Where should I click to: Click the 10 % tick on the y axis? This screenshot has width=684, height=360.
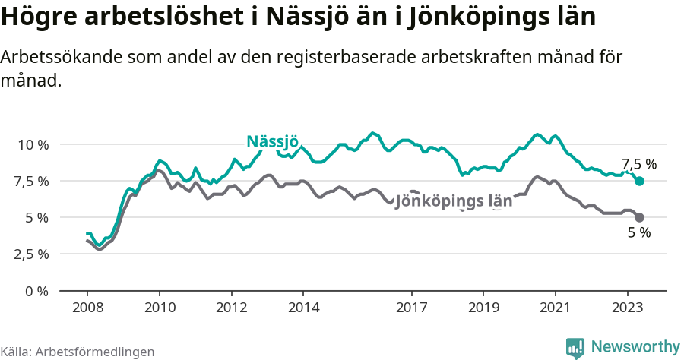[33, 144]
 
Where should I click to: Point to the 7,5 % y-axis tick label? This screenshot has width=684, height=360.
[31, 181]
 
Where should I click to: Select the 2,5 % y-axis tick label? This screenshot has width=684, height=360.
[31, 254]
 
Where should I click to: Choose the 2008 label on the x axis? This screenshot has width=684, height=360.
[87, 308]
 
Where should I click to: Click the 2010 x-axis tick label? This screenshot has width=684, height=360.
[159, 308]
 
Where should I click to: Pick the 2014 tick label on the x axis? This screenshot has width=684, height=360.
[303, 308]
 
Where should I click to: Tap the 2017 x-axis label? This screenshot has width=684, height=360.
[411, 308]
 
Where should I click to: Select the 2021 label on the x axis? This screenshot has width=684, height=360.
[556, 308]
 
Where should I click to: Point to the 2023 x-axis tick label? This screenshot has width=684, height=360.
[628, 308]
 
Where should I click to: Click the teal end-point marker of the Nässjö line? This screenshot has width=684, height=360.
[639, 181]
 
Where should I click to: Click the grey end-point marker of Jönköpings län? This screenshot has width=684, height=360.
[639, 217]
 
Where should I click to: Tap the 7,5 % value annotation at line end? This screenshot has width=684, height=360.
[638, 164]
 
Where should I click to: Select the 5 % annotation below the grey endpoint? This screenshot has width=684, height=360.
[638, 233]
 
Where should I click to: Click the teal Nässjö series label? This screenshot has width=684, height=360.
[272, 141]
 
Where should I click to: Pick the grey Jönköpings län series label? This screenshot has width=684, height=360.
[454, 201]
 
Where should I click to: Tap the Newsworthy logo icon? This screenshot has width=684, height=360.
[575, 347]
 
